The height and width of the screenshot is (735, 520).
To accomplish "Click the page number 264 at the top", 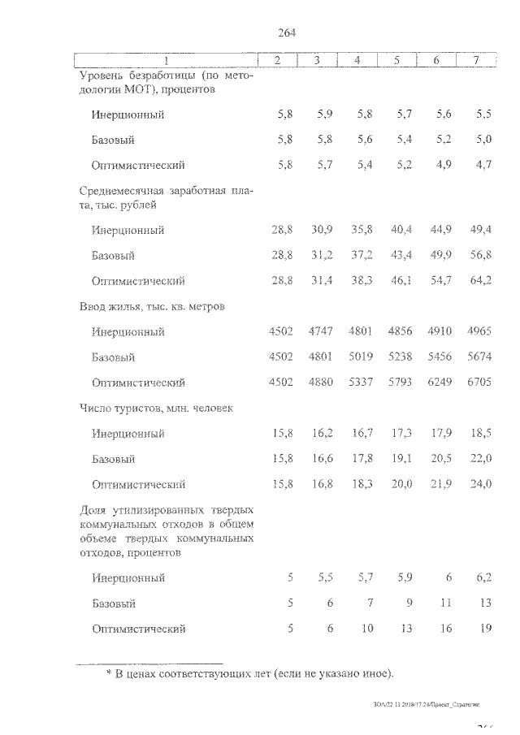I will (285, 32).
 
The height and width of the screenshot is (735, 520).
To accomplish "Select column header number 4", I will (357, 61).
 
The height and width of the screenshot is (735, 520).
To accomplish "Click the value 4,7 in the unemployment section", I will (483, 165).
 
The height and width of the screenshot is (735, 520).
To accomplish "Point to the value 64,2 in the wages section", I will (480, 281).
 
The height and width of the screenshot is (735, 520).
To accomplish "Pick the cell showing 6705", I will (479, 383).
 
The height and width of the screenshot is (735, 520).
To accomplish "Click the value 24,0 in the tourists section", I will (480, 484).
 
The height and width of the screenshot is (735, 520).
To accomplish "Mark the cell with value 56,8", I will (480, 256).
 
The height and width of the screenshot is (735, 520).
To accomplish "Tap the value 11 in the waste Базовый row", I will (444, 603).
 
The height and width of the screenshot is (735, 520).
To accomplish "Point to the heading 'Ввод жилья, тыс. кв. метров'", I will (152, 307).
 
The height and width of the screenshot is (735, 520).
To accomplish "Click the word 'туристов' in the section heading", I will (143, 409).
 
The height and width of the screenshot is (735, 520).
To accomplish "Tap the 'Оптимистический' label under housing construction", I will (139, 383).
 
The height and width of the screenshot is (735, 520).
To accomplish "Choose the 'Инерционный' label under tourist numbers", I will (128, 434).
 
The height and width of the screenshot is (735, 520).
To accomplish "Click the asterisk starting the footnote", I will (109, 675).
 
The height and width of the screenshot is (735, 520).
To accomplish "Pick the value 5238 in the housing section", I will (399, 357).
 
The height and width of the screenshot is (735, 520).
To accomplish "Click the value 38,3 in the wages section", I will (360, 281).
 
